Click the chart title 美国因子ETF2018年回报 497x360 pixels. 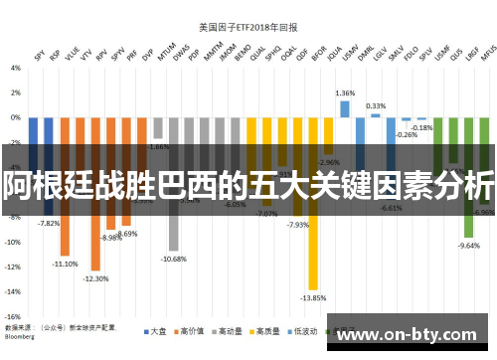tap(249, 27)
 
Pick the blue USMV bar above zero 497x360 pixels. tap(345, 108)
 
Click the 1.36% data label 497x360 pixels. tap(345, 92)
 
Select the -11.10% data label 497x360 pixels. tap(66, 264)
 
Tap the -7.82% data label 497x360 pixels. tap(49, 223)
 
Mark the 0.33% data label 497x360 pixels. tap(376, 105)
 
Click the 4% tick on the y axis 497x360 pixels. tap(14, 69)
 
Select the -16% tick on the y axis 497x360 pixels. tap(12, 315)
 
